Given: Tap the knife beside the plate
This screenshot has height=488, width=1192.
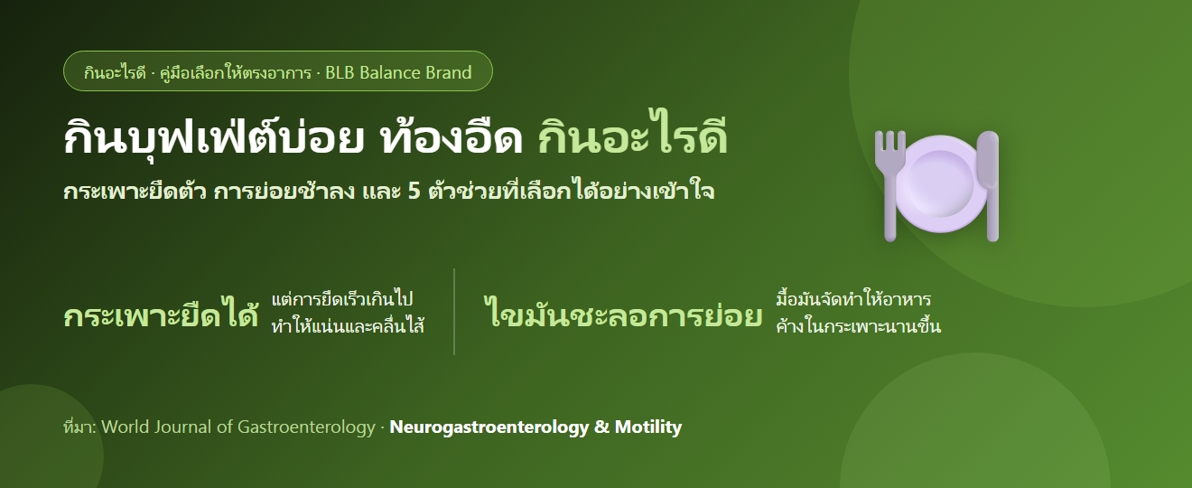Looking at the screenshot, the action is coord(989,185).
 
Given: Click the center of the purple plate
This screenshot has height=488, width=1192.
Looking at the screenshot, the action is coord(940,183).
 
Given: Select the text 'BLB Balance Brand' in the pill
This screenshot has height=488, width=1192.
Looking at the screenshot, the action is coord(398,72).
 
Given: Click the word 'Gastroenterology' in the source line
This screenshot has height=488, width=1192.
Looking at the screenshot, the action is coord(306,427).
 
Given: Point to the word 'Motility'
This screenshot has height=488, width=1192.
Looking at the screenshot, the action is coord(648,427).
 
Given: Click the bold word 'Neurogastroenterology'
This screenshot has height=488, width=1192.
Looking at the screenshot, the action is coord(489,427).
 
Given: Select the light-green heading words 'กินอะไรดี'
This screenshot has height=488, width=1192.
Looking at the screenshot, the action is coord(632,136).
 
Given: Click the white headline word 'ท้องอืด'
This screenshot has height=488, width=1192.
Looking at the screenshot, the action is coord(452,136).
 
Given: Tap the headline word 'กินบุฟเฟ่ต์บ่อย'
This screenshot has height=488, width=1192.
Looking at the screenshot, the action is coord(214,136).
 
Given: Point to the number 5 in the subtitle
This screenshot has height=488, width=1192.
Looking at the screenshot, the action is coord(414,192).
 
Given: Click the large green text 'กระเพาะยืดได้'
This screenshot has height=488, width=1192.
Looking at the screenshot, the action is coord(161,314).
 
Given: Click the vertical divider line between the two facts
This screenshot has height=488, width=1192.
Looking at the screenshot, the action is coord(454,312).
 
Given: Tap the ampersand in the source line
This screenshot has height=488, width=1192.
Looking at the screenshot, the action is coord(601,427).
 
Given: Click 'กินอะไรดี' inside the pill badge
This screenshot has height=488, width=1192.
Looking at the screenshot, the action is coord(115,72).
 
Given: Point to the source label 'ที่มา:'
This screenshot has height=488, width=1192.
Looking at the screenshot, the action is coord(79,427).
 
